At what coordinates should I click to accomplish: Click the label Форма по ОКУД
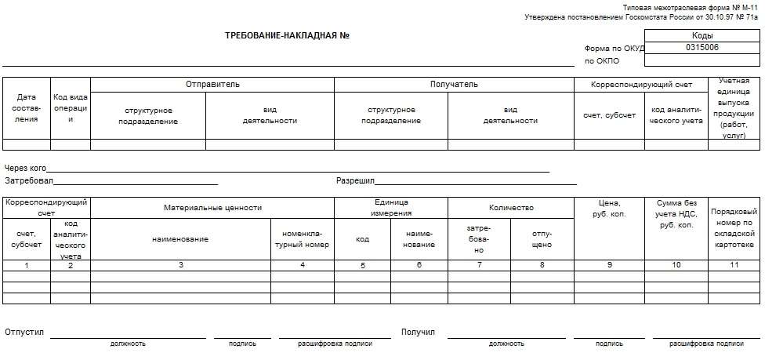614,48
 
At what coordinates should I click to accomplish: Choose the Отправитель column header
212,84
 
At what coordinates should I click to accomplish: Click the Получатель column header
454,84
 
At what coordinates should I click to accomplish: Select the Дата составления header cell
27,108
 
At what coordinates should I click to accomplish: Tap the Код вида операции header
71,108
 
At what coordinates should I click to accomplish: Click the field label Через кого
25,168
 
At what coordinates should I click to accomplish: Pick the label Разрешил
356,181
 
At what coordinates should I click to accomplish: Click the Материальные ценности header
212,208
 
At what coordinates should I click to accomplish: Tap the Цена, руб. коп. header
609,208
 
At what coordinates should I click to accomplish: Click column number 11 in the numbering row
734,265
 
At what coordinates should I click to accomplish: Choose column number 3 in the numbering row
180,265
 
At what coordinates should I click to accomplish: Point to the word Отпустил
24,333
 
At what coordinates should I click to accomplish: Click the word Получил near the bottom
418,333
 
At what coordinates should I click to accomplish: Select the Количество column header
511,208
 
